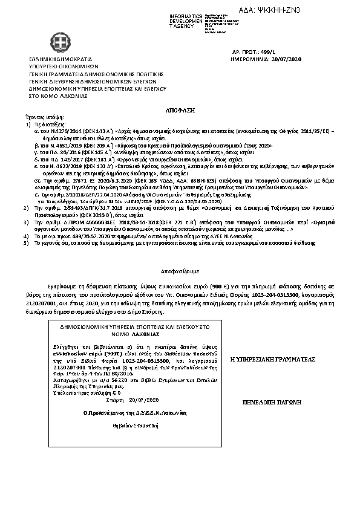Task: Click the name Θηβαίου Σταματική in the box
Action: [x=126, y=427]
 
